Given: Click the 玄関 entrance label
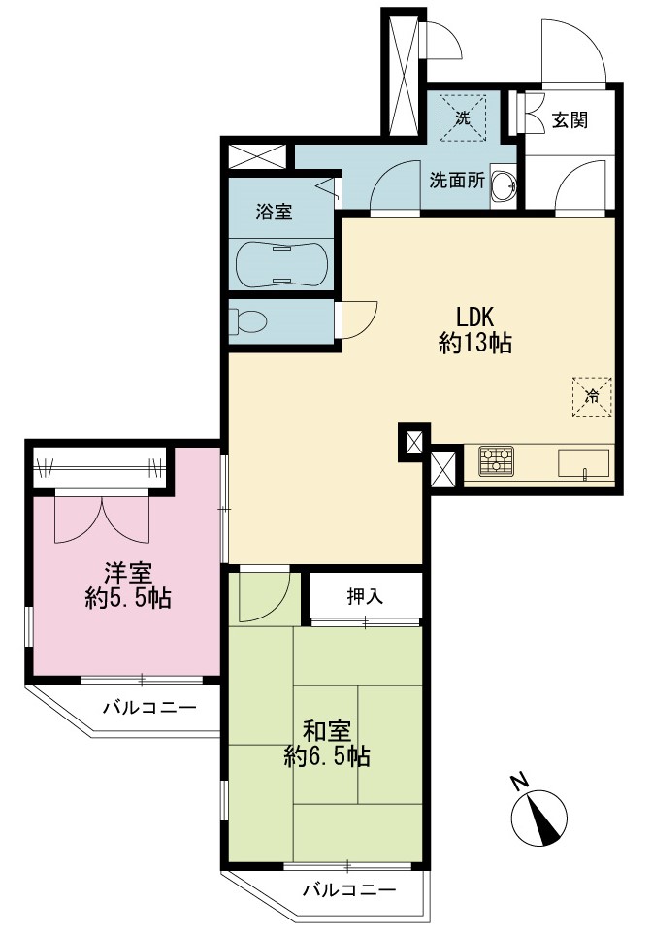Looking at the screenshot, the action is click(570, 120).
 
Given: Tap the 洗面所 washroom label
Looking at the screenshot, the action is click(458, 181).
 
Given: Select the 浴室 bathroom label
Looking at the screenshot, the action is click(274, 212).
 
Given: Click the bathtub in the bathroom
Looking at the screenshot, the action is click(281, 264).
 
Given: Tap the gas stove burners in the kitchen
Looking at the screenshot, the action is click(497, 461).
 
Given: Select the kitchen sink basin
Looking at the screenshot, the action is click(583, 464).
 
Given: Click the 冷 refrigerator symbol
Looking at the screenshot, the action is click(592, 396).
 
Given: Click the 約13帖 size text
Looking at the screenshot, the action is click(475, 344).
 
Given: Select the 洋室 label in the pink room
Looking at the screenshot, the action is click(128, 573).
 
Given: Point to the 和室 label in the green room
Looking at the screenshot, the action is click(327, 731).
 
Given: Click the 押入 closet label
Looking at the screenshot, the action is click(365, 596).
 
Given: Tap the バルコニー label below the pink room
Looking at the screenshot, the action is click(149, 708).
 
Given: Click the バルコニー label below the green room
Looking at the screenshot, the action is click(349, 891).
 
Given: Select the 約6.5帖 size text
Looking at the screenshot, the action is click(327, 757).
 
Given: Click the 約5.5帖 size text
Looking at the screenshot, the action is click(128, 599).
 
